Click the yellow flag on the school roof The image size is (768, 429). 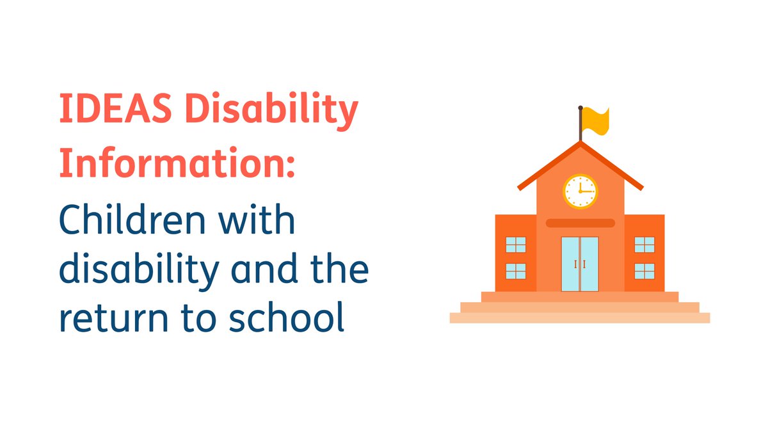[x=596, y=121]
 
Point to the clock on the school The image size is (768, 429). [x=580, y=191]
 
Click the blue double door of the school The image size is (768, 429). [x=580, y=264]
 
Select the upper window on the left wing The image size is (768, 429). [x=516, y=245]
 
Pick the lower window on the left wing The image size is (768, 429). [x=516, y=271]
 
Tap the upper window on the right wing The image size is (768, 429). [x=644, y=245]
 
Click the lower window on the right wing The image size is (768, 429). [x=644, y=271]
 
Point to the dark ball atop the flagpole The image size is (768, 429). [x=580, y=108]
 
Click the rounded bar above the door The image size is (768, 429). [x=580, y=223]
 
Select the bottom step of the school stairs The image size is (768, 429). [x=580, y=318]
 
